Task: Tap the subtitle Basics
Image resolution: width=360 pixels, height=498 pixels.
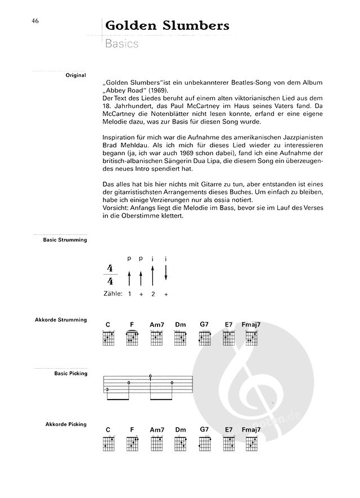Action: [x=121, y=44]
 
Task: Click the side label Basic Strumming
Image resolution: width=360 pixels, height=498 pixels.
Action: [x=66, y=240]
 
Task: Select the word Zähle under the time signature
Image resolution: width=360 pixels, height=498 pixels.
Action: [x=112, y=293]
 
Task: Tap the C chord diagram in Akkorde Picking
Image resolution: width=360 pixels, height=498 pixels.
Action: [x=107, y=443]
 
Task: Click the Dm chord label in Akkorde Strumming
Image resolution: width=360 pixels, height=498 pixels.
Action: [x=180, y=324]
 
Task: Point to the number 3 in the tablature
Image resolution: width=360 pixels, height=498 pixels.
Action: [x=107, y=388]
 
